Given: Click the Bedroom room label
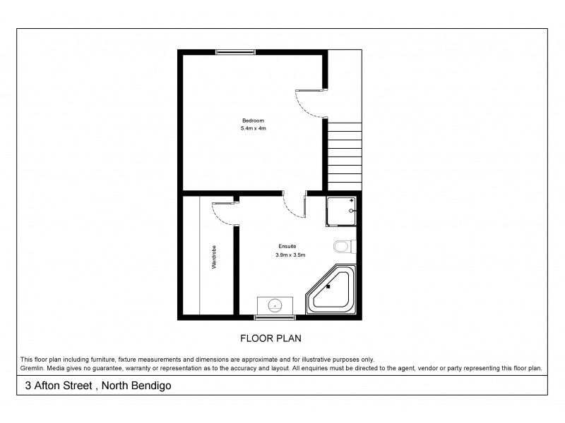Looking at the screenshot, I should pyautogui.click(x=253, y=121).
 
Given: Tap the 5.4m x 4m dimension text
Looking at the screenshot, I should pyautogui.click(x=253, y=129).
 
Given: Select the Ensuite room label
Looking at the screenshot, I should pyautogui.click(x=287, y=246).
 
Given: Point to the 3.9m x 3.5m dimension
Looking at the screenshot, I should pyautogui.click(x=290, y=255).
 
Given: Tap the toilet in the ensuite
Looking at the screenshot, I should pyautogui.click(x=343, y=246).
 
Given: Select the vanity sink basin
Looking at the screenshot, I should pyautogui.click(x=275, y=305).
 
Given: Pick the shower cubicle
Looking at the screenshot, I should pyautogui.click(x=342, y=211).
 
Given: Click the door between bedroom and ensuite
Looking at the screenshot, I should pyautogui.click(x=295, y=205).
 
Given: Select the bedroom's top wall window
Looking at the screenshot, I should pyautogui.click(x=236, y=51).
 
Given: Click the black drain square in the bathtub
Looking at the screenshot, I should pyautogui.click(x=328, y=286).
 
